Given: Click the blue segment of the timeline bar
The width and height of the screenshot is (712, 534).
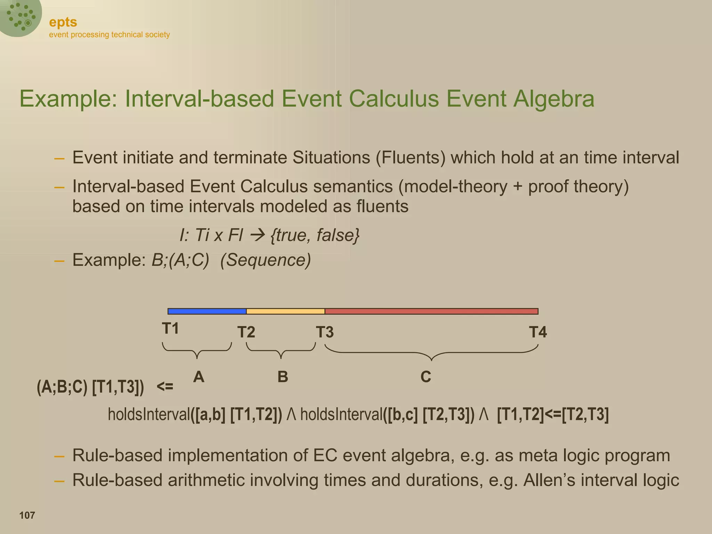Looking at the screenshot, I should pyautogui.click(x=207, y=311).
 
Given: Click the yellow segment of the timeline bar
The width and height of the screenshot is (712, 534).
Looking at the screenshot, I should pyautogui.click(x=285, y=311).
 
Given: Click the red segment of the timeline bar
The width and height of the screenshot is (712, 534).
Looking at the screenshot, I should pyautogui.click(x=431, y=311).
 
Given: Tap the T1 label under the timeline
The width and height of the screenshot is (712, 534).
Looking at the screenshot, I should pyautogui.click(x=170, y=329).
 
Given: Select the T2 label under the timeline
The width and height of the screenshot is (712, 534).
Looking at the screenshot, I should pyautogui.click(x=246, y=332).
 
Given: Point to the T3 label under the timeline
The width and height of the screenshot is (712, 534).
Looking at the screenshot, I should pyautogui.click(x=325, y=332).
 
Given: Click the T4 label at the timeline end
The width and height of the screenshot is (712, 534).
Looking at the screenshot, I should pyautogui.click(x=537, y=332).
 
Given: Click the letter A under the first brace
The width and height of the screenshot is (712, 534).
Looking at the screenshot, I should pyautogui.click(x=199, y=377).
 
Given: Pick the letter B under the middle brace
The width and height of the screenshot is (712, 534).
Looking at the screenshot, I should pyautogui.click(x=283, y=377).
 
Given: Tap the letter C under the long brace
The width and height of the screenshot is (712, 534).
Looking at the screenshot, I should pyautogui.click(x=426, y=377).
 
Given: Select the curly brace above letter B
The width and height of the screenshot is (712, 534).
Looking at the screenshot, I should pyautogui.click(x=281, y=351).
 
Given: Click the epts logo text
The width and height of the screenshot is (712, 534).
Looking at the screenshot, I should pyautogui.click(x=63, y=22).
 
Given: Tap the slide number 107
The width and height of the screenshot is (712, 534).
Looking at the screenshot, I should pyautogui.click(x=27, y=515).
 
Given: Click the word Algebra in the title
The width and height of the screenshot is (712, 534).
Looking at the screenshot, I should pyautogui.click(x=554, y=99).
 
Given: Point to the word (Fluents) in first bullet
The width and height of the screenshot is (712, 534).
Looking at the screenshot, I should pyautogui.click(x=410, y=157).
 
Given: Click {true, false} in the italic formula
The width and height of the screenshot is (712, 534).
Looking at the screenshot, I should pyautogui.click(x=315, y=235).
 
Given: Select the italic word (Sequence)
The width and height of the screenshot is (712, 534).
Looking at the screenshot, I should pyautogui.click(x=266, y=260).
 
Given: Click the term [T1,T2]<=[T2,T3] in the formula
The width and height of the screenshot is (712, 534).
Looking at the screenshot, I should pyautogui.click(x=553, y=414).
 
